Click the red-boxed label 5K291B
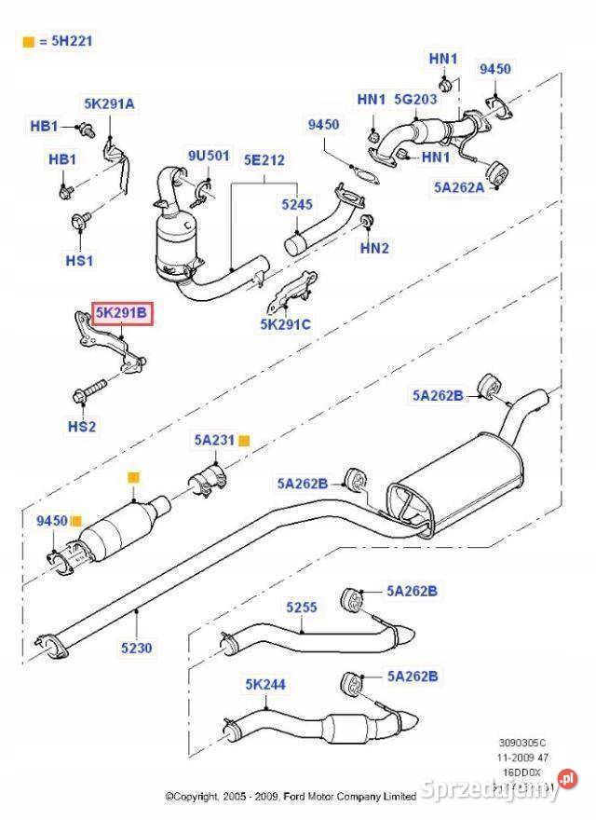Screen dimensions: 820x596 click(121, 315)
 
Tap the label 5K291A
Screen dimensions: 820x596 click(109, 104)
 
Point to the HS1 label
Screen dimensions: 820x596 click(79, 261)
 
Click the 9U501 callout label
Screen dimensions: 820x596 click(208, 156)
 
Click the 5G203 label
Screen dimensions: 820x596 click(415, 99)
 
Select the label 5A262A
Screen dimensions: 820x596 click(459, 186)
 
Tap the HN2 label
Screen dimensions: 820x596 click(374, 249)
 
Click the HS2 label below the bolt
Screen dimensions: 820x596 click(81, 426)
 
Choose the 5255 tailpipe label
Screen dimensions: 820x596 click(302, 607)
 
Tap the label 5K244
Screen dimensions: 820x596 click(265, 685)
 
